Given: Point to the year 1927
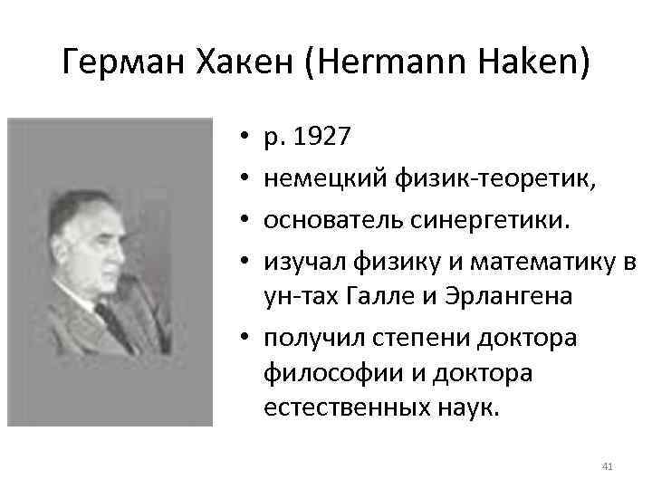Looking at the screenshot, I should pos(323,137).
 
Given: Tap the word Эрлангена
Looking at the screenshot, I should pos(520,296).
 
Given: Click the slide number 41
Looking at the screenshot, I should pos(608,466).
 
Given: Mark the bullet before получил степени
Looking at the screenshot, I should pos(245,338).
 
